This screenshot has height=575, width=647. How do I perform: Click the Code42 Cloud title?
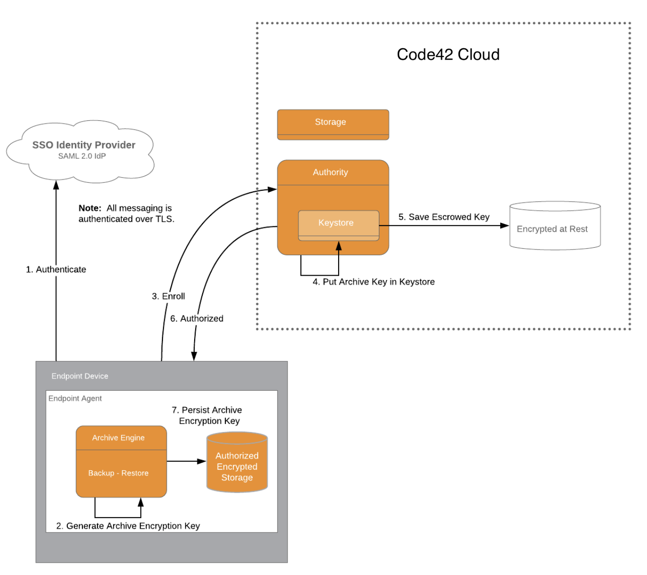click(448, 54)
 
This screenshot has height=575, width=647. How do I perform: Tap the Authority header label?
click(330, 172)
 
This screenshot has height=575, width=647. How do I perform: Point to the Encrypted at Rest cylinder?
click(555, 226)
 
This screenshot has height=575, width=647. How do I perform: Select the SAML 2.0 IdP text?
click(81, 156)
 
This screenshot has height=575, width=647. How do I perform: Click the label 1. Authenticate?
click(56, 270)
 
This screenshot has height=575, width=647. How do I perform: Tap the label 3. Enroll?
click(168, 296)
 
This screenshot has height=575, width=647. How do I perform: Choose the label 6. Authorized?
click(197, 319)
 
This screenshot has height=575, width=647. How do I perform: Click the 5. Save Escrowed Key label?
click(444, 217)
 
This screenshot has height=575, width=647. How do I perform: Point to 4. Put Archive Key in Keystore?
click(373, 282)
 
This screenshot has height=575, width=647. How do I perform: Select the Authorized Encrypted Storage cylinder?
click(237, 464)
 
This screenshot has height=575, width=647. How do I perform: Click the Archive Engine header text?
click(118, 438)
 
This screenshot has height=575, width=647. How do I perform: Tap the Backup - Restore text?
click(118, 473)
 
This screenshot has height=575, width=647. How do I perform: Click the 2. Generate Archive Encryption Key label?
click(128, 526)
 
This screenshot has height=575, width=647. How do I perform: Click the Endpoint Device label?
click(80, 376)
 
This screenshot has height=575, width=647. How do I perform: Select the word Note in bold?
click(90, 208)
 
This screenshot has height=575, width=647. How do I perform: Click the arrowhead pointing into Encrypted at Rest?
click(504, 225)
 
